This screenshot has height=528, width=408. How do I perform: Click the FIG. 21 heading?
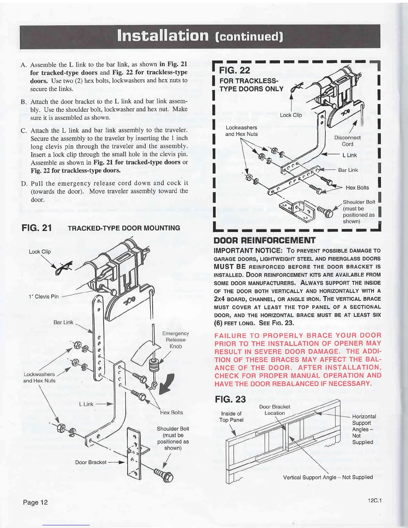(x=37, y=228)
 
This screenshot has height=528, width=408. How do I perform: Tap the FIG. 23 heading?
(x=230, y=399)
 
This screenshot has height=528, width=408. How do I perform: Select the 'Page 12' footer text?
(x=35, y=502)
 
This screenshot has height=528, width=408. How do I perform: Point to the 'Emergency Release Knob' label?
(x=175, y=340)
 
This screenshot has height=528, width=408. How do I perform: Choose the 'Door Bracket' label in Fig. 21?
(x=91, y=462)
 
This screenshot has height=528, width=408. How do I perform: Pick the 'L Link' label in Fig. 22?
(x=350, y=155)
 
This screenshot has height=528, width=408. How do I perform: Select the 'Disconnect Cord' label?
(x=347, y=141)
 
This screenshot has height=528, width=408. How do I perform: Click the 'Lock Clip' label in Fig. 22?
(x=291, y=115)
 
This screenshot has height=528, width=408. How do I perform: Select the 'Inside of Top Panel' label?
(x=231, y=417)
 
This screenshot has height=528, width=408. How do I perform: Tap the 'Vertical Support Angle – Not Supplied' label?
(x=328, y=477)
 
